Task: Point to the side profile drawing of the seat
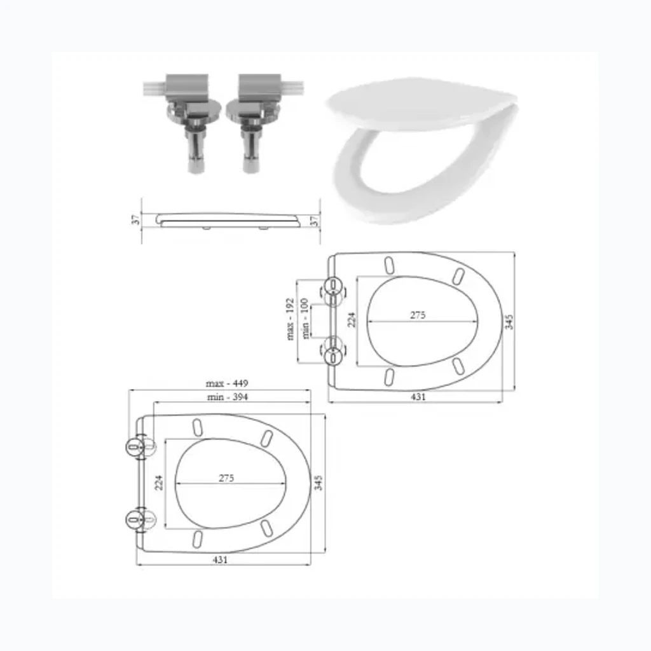(x=228, y=221)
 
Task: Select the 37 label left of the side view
(x=136, y=220)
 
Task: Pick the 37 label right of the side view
(x=315, y=220)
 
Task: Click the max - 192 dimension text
(x=290, y=319)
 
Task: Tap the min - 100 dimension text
(x=305, y=319)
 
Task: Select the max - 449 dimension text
(x=227, y=383)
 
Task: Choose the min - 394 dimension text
(x=228, y=397)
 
